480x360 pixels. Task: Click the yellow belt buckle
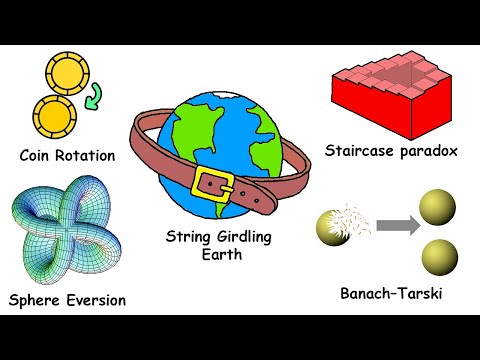click(x=213, y=186)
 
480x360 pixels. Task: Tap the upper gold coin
click(x=65, y=73)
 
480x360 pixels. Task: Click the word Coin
click(x=38, y=155)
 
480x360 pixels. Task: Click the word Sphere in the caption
click(x=36, y=300)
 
